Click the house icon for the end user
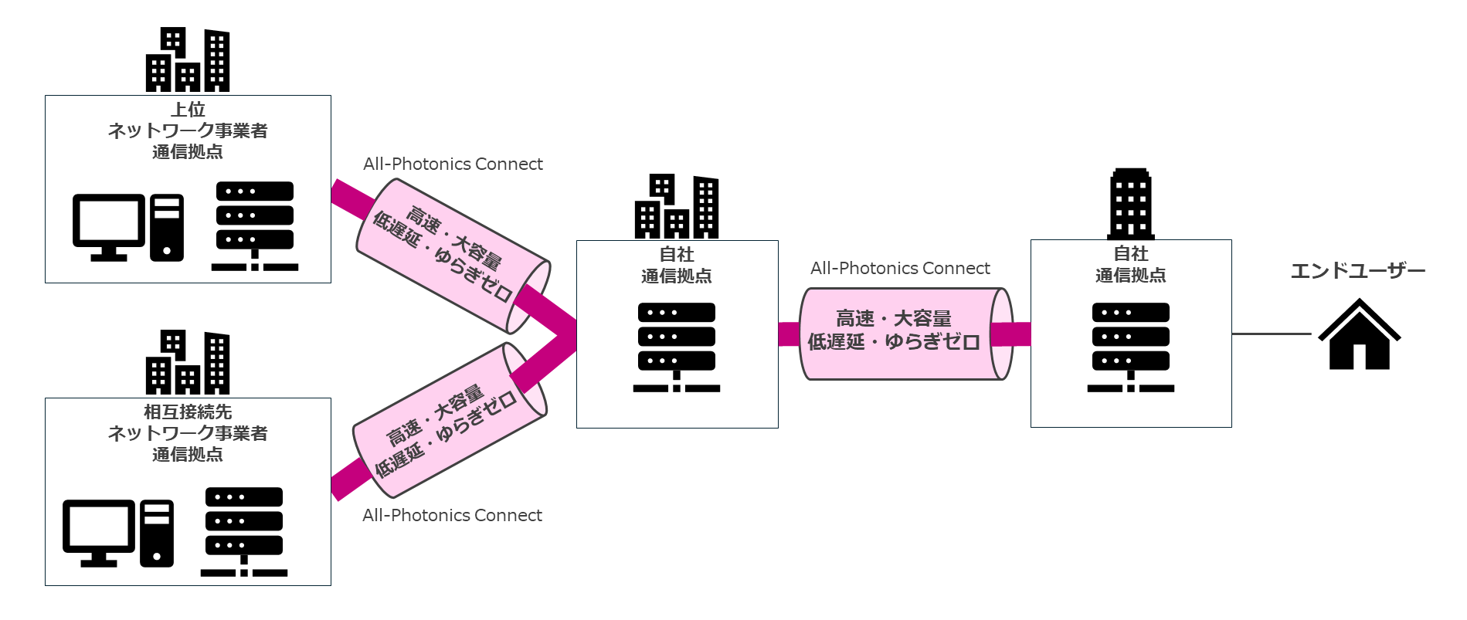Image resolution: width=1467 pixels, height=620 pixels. pos(1359,335)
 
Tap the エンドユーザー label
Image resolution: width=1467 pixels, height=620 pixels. pos(1357,271)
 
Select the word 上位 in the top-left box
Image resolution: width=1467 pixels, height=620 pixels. pos(188,110)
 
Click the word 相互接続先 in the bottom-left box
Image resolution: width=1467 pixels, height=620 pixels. pos(188,412)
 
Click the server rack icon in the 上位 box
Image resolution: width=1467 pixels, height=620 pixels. pos(255,226)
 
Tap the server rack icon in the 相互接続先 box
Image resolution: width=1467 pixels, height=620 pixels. pos(244,532)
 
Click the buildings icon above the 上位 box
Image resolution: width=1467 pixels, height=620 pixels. pos(188,60)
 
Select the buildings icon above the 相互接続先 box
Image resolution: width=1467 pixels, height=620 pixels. pos(188,363)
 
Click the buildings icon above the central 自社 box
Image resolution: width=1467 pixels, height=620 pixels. pos(677,207)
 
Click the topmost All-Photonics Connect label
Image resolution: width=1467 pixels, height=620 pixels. pos(453,164)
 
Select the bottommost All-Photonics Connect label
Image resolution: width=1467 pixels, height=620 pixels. pos(452,516)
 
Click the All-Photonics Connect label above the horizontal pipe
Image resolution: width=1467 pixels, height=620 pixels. pos(900,269)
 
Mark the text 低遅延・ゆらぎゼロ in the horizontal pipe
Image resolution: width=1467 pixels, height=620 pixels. pos(894,342)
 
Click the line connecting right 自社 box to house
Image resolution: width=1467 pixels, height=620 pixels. pos(1272,334)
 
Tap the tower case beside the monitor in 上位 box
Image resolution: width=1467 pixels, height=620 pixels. pos(167,228)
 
